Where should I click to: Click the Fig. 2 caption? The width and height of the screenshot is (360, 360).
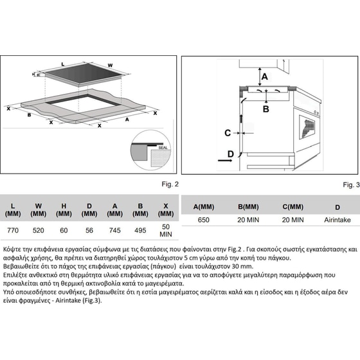tap(170, 184)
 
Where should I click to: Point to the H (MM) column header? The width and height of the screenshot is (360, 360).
tap(64, 210)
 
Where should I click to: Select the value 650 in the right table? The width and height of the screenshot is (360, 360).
tap(203, 219)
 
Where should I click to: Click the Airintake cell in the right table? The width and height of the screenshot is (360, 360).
tap(337, 219)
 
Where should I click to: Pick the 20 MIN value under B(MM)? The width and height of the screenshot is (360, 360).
tap(248, 219)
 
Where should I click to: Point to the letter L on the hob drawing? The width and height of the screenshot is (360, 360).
tap(62, 64)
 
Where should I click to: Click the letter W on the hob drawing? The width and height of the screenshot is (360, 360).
tap(110, 66)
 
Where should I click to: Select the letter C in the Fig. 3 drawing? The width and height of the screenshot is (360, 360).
tap(228, 133)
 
